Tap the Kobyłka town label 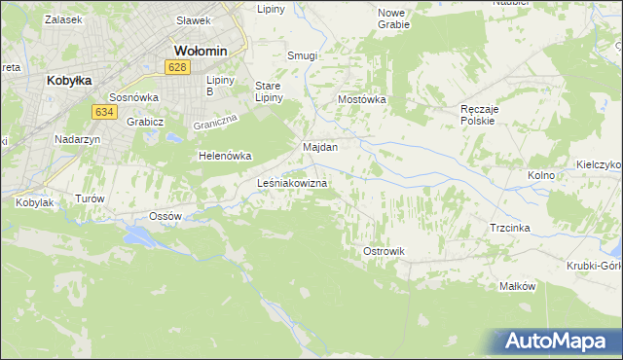click(x=68, y=82)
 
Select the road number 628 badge click(x=176, y=67)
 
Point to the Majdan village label click(x=320, y=147)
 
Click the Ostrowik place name click(x=384, y=251)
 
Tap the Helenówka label click(x=225, y=156)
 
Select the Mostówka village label click(x=362, y=100)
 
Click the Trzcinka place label click(x=510, y=227)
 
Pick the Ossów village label click(x=165, y=214)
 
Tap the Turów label click(x=89, y=198)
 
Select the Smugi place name click(x=302, y=56)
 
